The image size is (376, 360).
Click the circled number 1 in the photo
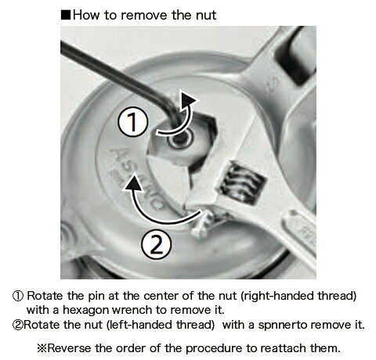pyautogui.click(x=133, y=122)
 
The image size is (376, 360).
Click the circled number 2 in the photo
pyautogui.click(x=157, y=245)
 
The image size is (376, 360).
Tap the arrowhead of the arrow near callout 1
pyautogui.click(x=188, y=101)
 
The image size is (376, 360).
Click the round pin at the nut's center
pyautogui.click(x=181, y=139)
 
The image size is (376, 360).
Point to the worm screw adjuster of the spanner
pyautogui.click(x=242, y=182)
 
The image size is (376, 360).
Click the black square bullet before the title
pyautogui.click(x=66, y=15)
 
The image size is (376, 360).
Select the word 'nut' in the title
pyautogui.click(x=206, y=16)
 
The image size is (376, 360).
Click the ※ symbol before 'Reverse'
pyautogui.click(x=42, y=348)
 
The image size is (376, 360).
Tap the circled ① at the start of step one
pyautogui.click(x=18, y=297)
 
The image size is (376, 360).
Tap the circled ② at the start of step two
pyautogui.click(x=18, y=326)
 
